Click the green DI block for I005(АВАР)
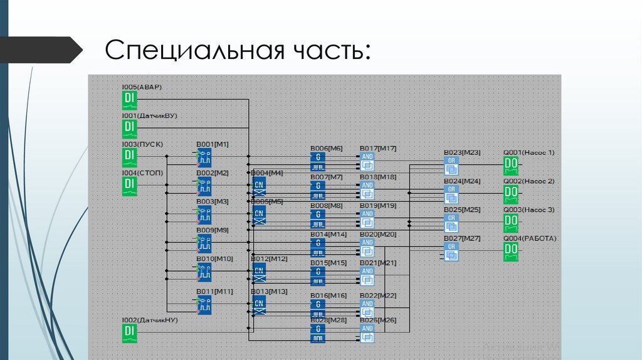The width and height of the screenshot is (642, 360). point(129,100)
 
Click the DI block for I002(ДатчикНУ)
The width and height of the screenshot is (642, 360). point(129,333)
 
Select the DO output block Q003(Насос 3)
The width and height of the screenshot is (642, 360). point(511,223)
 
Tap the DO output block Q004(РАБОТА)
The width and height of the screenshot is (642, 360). point(511,251)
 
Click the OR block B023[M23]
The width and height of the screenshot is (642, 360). point(451,166)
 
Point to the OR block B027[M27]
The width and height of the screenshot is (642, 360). point(451,251)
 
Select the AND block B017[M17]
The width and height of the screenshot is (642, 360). point(367,161)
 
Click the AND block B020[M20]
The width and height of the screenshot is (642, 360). point(367,246)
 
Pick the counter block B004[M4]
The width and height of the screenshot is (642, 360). point(258,186)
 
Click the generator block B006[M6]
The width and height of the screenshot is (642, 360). point(318,161)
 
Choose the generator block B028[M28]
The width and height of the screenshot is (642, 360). point(318,332)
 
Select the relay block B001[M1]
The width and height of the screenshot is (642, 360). point(204,157)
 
